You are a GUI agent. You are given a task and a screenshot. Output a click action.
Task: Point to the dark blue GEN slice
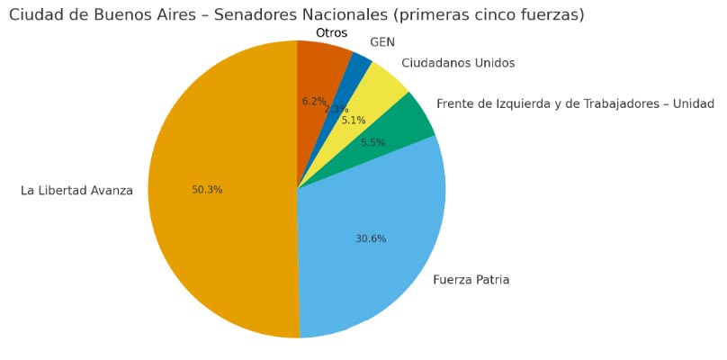coord(361,65)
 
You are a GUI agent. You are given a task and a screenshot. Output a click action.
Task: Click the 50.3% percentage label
coord(207,190)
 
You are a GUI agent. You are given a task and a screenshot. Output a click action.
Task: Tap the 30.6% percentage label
coord(371,238)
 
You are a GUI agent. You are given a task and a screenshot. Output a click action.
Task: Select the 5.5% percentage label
coord(373,142)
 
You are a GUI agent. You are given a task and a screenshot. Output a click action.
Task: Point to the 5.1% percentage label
coord(354,121)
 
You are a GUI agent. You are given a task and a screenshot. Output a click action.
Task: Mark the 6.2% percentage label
coord(314,102)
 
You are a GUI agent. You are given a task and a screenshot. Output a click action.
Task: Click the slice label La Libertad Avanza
coord(76,190)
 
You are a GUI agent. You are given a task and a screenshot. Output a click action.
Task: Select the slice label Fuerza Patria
coord(471,280)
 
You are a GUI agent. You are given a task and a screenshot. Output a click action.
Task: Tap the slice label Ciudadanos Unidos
coord(458,63)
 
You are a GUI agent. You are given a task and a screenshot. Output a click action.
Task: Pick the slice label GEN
coord(382,42)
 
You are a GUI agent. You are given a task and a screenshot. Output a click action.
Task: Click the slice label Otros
coord(331,33)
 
